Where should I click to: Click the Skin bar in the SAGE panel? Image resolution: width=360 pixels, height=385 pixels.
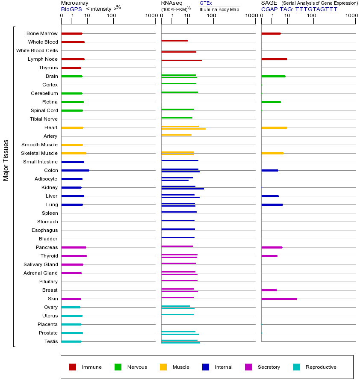click(x=279, y=299)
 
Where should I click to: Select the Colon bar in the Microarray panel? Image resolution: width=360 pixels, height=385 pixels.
click(x=75, y=170)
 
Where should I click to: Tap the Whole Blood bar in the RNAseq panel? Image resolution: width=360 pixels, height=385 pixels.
click(x=174, y=41)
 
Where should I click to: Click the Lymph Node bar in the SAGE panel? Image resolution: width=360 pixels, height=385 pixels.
click(x=274, y=59)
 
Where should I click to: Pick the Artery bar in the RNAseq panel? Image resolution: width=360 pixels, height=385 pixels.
click(x=176, y=135)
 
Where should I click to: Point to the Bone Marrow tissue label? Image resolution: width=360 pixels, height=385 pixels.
click(x=42, y=33)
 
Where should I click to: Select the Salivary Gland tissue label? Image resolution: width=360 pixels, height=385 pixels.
click(x=41, y=264)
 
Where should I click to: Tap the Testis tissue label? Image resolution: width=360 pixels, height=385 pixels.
click(x=51, y=341)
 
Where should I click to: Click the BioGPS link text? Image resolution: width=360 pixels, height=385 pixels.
click(x=71, y=9)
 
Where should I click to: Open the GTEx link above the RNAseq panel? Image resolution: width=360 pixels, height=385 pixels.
click(x=206, y=3)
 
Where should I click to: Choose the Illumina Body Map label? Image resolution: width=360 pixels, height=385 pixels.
click(x=219, y=9)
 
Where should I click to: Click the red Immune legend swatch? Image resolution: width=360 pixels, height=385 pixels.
click(x=73, y=367)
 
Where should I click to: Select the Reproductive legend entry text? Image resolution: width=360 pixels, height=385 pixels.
click(x=321, y=367)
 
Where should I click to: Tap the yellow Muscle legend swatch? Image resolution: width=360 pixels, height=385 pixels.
click(x=163, y=367)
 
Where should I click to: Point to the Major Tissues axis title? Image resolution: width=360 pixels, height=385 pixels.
click(x=6, y=160)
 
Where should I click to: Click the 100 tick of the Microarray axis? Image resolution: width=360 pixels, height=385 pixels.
click(x=111, y=16)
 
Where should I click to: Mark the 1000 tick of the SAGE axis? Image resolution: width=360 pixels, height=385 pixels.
click(x=351, y=16)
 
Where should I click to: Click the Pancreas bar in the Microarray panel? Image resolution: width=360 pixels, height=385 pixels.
click(x=74, y=247)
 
